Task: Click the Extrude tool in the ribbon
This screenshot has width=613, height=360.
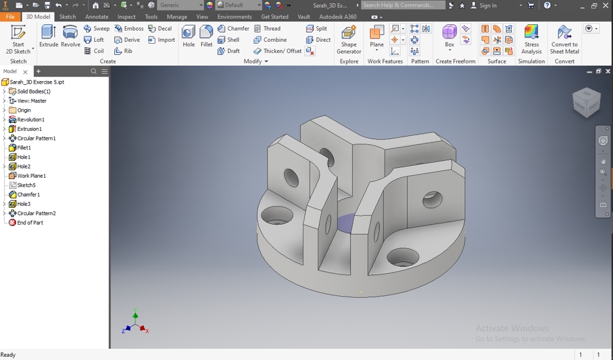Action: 48,37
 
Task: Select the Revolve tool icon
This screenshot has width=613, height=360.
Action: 70,37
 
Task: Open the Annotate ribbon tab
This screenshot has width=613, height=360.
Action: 97,17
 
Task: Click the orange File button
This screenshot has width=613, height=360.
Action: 10,17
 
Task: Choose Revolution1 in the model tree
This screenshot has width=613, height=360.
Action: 30,120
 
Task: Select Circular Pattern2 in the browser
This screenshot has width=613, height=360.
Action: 36,213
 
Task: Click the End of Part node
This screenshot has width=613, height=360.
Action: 29,223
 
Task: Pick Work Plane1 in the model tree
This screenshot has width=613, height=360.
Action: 31,176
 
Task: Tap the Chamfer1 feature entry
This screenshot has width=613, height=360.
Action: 28,195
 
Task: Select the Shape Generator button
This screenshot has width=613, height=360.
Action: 348,39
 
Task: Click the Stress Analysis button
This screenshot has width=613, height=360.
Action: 531,39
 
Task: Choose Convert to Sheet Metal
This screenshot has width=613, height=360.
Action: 564,39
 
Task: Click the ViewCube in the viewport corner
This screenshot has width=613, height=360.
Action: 586,103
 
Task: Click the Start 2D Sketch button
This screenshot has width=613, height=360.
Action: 18,39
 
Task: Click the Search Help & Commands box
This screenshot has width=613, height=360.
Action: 403,5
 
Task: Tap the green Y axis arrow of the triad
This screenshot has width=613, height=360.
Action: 135,316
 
